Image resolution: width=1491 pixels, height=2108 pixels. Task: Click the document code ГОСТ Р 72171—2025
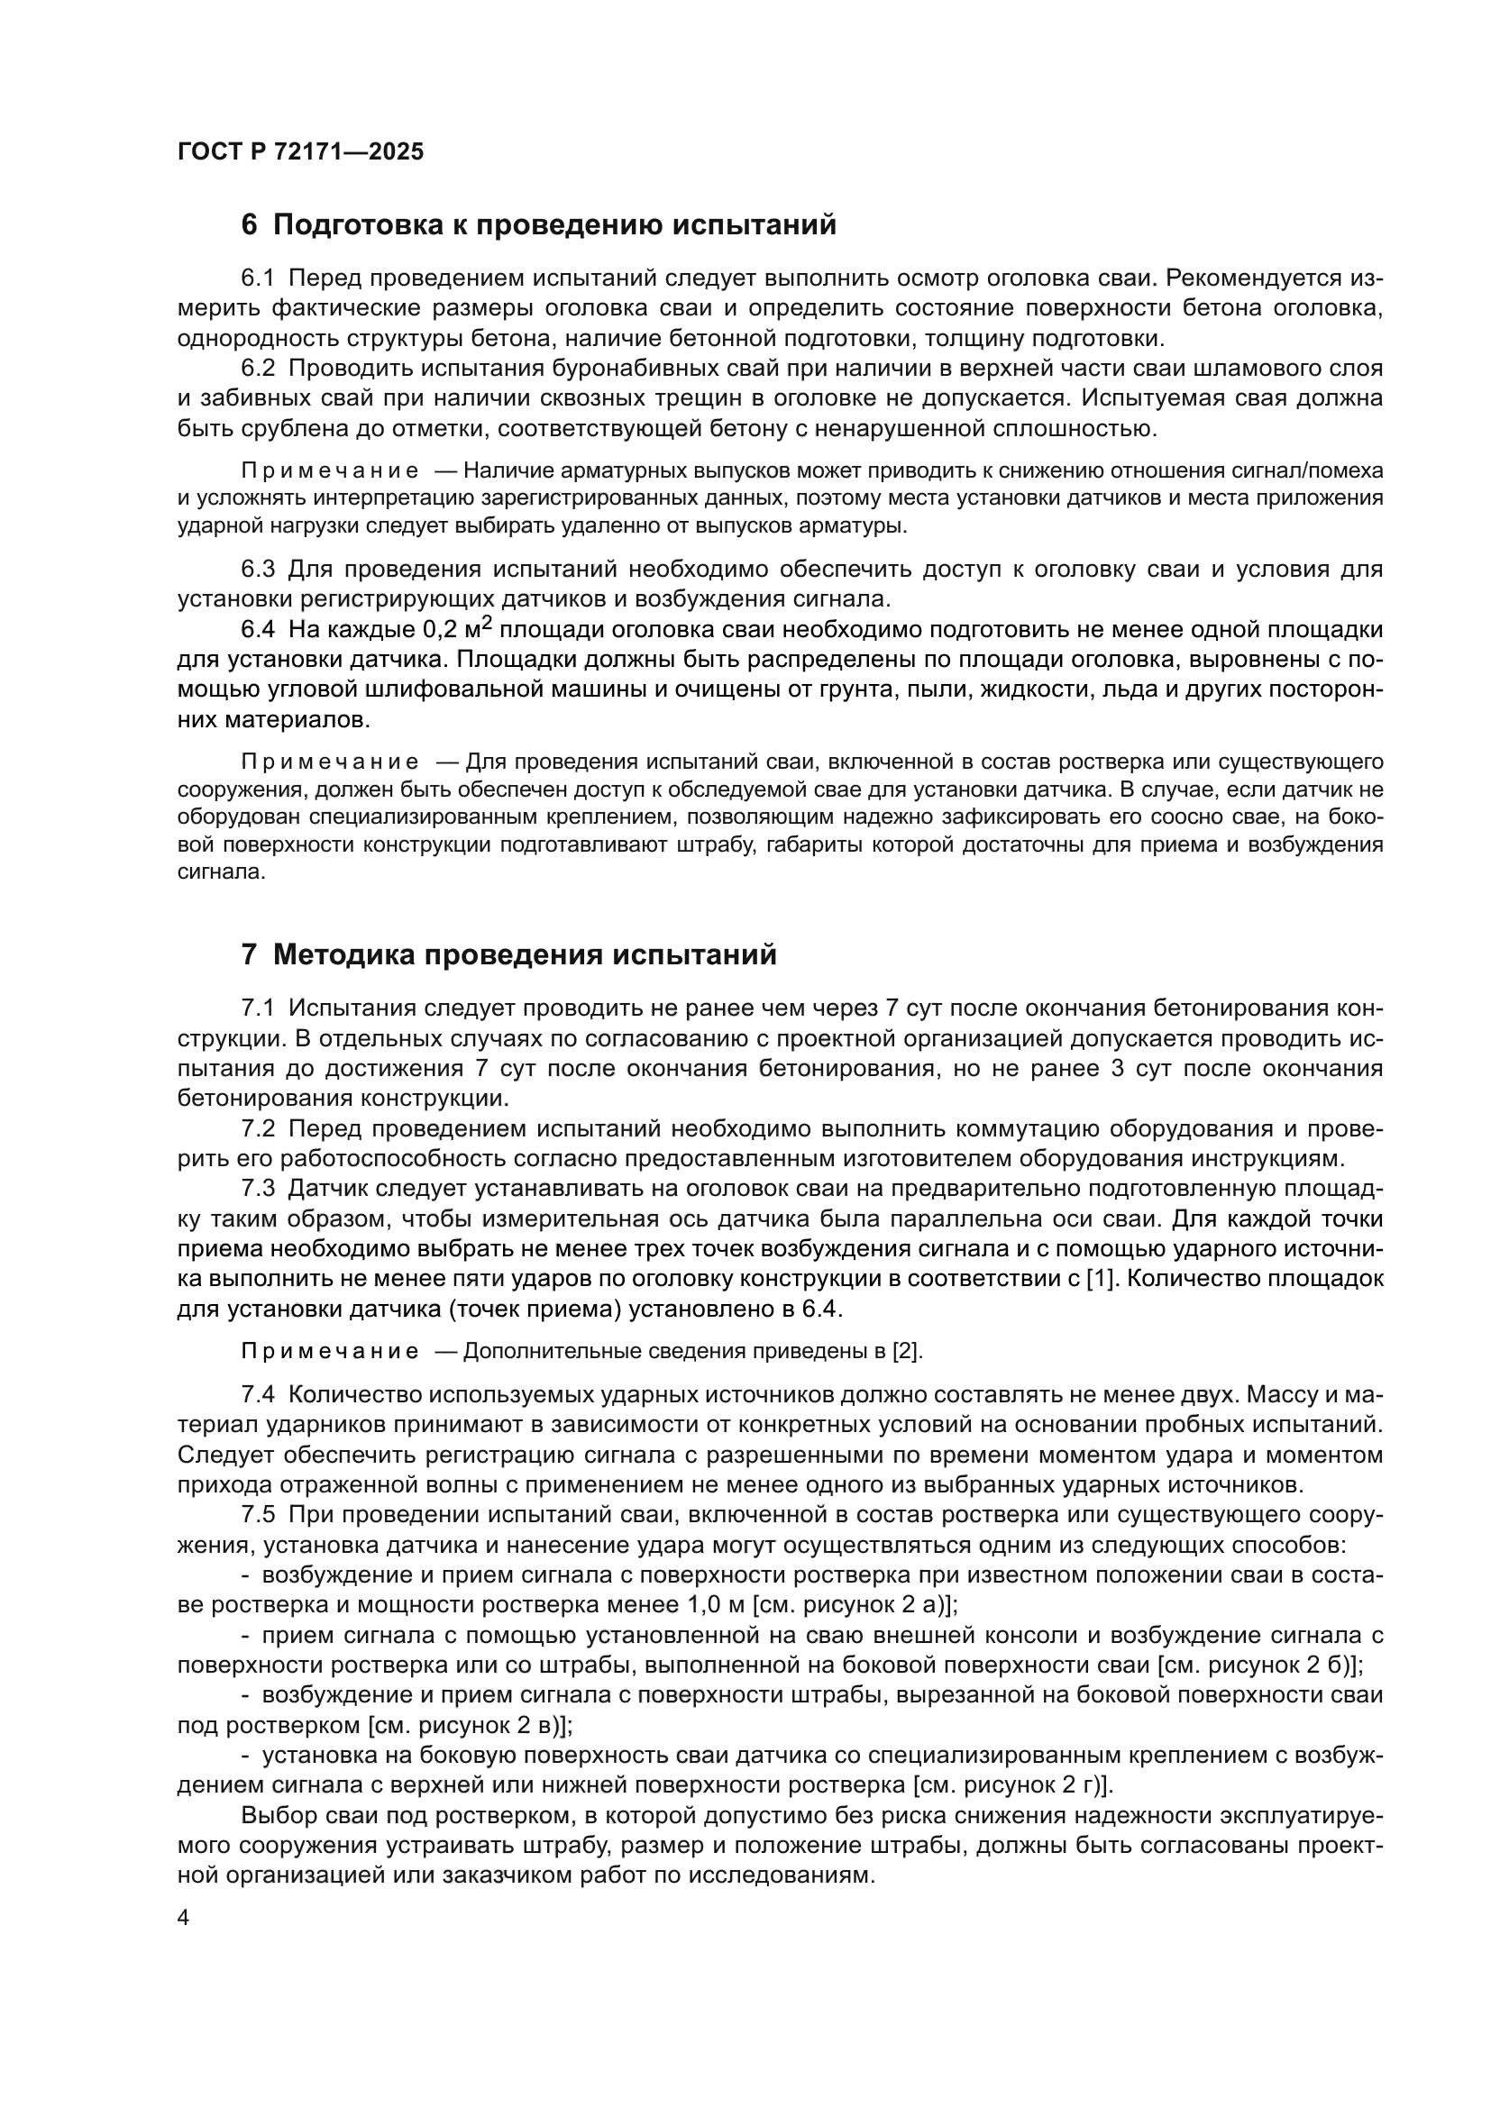coord(300,152)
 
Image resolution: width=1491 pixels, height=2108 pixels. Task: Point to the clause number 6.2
coord(258,370)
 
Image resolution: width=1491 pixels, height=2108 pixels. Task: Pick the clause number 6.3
coord(258,570)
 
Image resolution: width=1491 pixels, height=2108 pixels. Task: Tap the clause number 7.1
coord(258,1008)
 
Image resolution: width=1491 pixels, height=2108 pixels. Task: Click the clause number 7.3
coord(258,1190)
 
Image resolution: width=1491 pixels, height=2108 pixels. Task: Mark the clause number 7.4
coord(258,1394)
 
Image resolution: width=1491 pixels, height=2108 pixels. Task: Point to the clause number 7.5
coord(258,1515)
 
